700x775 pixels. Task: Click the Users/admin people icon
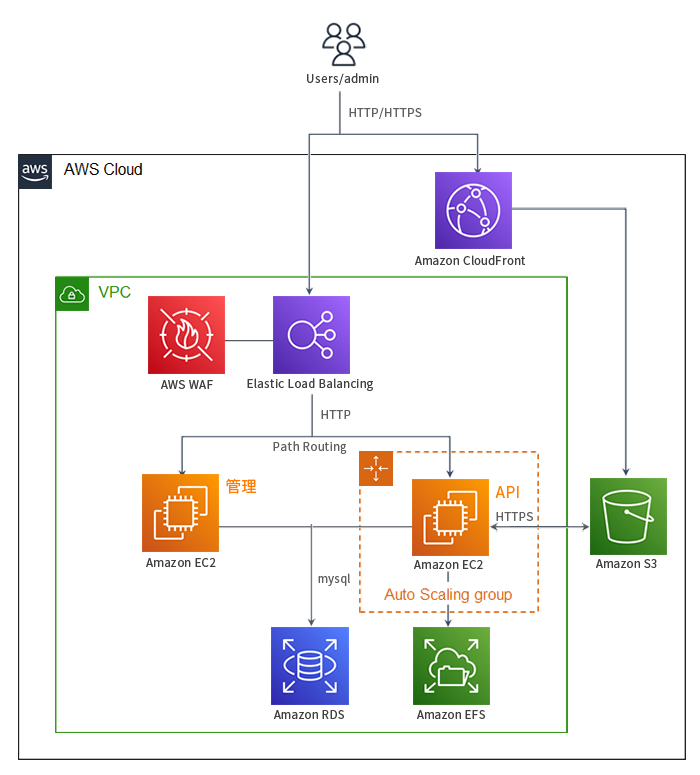[343, 45]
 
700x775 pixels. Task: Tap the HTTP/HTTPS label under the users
[385, 113]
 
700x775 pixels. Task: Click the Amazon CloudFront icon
[473, 210]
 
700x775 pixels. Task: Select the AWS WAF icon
[186, 334]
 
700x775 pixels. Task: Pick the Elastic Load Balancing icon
[311, 334]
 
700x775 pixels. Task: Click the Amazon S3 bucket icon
[628, 516]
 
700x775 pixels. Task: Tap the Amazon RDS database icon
[310, 666]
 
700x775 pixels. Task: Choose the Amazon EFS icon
[451, 666]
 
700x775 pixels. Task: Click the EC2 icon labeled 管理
[180, 513]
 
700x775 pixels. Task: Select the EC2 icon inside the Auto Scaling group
[451, 517]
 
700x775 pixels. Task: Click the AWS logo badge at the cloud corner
[35, 171]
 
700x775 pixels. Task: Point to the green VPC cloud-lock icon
[72, 293]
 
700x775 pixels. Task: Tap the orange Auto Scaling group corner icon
[376, 469]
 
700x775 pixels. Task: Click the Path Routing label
[310, 447]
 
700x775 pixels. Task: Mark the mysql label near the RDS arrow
[334, 578]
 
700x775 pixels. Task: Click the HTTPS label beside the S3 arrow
[514, 516]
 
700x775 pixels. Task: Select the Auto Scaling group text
[448, 595]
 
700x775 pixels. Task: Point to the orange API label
[508, 493]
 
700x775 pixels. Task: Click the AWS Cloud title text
[103, 170]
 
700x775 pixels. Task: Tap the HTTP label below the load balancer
[335, 414]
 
